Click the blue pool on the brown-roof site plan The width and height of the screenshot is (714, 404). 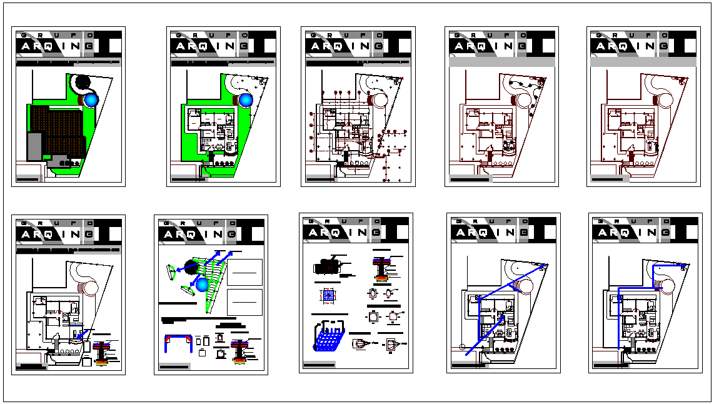92,99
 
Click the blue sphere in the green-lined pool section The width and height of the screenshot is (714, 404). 201,285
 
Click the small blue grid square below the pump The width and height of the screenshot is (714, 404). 329,296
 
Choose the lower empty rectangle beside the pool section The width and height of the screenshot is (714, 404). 244,303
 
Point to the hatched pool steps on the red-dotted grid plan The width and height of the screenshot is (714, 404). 378,99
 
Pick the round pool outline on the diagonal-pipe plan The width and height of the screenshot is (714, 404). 525,285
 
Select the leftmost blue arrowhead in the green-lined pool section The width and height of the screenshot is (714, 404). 178,270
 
